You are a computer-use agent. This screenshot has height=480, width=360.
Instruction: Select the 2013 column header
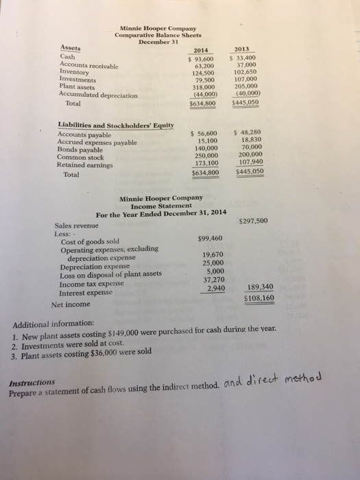tap(243, 49)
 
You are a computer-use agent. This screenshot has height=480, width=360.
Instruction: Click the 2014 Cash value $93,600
tap(202, 59)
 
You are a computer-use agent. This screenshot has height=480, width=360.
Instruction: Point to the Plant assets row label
tap(78, 88)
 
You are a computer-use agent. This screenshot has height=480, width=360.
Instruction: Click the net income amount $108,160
tap(259, 299)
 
